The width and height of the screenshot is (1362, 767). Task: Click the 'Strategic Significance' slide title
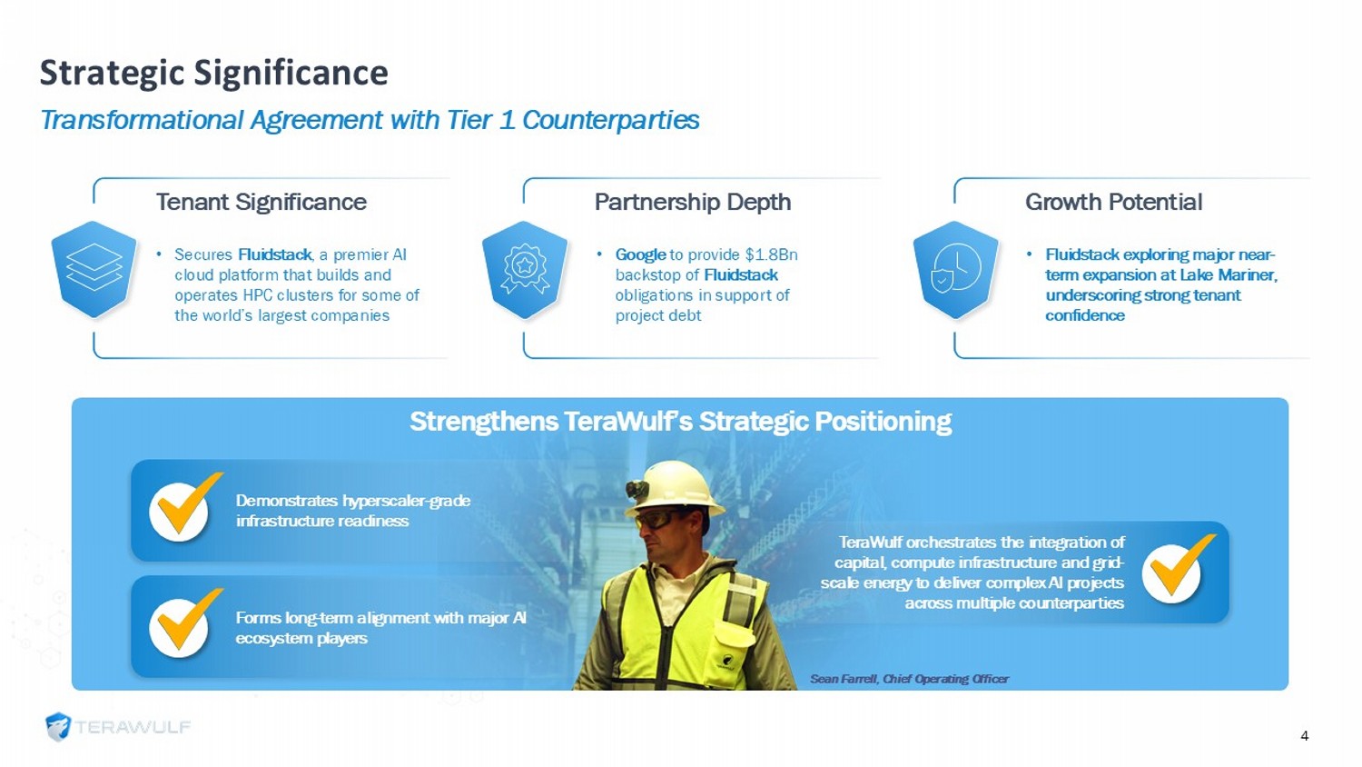tap(214, 73)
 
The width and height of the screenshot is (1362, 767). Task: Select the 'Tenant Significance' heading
tap(262, 202)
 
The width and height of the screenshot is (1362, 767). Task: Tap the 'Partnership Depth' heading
tap(693, 202)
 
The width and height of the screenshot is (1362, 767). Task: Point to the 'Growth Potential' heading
tap(1114, 202)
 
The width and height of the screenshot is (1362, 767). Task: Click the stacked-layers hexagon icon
tap(94, 270)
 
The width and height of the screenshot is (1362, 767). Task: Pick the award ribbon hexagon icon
tap(524, 270)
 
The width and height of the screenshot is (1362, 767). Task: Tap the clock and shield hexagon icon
tap(955, 270)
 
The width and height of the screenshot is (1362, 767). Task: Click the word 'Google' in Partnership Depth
tap(640, 254)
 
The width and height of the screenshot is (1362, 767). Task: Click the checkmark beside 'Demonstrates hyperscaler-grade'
tap(183, 508)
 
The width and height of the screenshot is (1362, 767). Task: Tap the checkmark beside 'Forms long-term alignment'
tap(183, 624)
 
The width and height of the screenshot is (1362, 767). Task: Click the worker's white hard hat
tap(673, 487)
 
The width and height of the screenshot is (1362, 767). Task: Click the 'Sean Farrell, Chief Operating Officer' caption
tap(909, 679)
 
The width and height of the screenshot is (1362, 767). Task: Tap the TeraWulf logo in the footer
tap(118, 727)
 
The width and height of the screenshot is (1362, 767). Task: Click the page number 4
tap(1304, 736)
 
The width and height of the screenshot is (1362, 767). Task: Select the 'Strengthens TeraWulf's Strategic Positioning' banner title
tap(680, 422)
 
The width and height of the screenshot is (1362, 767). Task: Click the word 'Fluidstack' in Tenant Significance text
tap(275, 254)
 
